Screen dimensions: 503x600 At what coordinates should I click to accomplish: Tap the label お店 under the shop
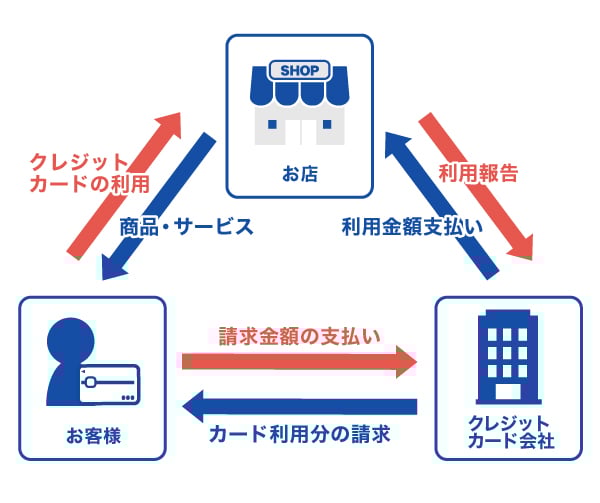299,174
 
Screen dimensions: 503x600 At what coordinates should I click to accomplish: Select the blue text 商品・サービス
186,227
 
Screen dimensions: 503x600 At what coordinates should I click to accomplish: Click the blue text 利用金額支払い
411,227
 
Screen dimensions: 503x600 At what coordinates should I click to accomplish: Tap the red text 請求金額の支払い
299,336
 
